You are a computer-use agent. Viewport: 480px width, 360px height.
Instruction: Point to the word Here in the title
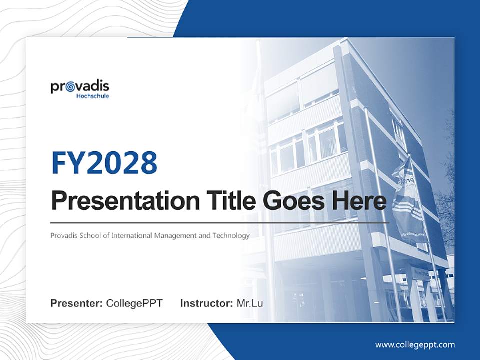click(359, 201)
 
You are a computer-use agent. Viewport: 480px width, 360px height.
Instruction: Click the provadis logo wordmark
click(80, 87)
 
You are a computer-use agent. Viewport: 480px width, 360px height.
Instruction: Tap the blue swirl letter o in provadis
click(71, 87)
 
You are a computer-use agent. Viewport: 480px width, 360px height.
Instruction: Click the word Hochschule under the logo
click(93, 96)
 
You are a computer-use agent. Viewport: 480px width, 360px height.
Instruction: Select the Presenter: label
click(76, 303)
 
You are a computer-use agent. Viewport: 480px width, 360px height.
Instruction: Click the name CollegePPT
click(134, 303)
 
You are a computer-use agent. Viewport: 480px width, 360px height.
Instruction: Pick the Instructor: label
click(206, 303)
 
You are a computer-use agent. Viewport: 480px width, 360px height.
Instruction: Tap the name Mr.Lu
click(249, 303)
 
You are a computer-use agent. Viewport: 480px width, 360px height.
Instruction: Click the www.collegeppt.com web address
click(415, 345)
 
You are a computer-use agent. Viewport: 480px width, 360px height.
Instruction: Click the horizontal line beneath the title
click(220, 222)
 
